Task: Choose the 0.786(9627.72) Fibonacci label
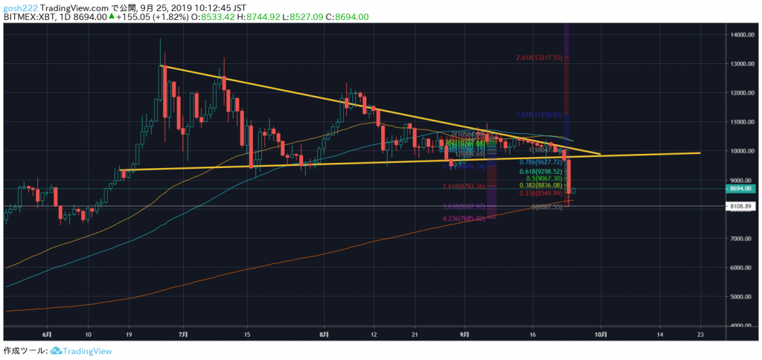pyautogui.click(x=542, y=161)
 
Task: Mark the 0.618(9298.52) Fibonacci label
pyautogui.click(x=542, y=171)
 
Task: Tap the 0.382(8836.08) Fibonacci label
pyautogui.click(x=542, y=186)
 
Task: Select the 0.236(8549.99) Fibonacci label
pyautogui.click(x=542, y=193)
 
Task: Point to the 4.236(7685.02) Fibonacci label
pyautogui.click(x=463, y=219)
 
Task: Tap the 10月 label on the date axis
pyautogui.click(x=600, y=335)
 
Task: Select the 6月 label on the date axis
pyautogui.click(x=48, y=335)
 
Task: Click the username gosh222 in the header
pyautogui.click(x=19, y=6)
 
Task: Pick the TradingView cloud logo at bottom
pyautogui.click(x=56, y=350)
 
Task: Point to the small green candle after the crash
pyautogui.click(x=574, y=191)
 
